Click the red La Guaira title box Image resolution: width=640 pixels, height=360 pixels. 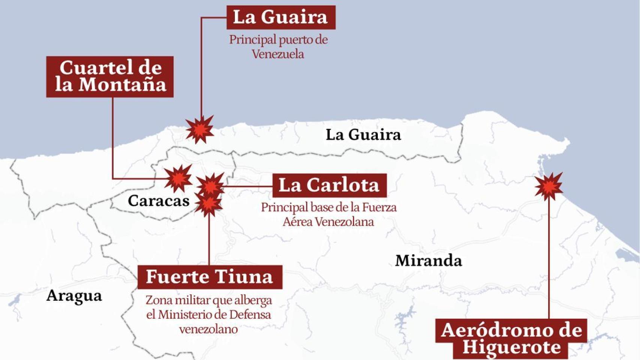point(281,17)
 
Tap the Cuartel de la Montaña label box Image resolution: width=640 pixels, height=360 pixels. point(110,76)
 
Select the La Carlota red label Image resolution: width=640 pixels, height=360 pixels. point(329,185)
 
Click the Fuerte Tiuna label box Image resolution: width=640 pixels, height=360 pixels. point(210,277)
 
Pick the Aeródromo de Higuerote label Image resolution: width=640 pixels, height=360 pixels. point(511,338)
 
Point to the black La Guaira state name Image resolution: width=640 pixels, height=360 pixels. point(363,135)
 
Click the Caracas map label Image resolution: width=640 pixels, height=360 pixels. point(158,201)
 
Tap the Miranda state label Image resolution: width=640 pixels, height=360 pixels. point(428,261)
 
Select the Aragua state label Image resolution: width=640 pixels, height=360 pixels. point(74,296)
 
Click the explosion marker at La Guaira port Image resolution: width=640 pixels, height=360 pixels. point(200,130)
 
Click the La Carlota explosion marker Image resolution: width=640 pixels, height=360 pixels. point(211,185)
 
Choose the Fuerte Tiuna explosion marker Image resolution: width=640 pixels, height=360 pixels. point(208,204)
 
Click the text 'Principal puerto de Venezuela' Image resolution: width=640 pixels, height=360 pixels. point(278,46)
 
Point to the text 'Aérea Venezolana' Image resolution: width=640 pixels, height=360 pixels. point(328,222)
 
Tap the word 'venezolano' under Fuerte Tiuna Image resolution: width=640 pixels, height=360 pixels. point(208,329)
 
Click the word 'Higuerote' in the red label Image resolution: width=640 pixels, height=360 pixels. point(511,347)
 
